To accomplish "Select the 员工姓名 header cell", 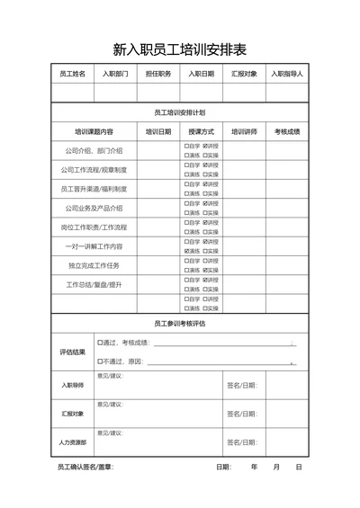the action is (72, 74).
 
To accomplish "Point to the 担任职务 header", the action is (158, 74).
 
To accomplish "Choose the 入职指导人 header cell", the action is (287, 74).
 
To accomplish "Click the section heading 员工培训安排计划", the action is (180, 113).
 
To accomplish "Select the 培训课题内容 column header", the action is (94, 131).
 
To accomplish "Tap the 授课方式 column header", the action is (202, 131).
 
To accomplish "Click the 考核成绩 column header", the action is (287, 131).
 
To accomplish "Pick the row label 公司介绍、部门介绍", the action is (94, 150).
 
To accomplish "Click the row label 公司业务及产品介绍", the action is (94, 208).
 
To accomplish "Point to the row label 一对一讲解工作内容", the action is (94, 245).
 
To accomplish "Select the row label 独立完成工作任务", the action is (94, 265).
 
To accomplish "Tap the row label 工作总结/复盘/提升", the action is (94, 284).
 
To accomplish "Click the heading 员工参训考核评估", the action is (180, 323).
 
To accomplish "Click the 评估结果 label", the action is (73, 352).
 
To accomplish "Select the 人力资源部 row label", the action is (73, 442).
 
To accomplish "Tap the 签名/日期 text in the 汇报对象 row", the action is (242, 414).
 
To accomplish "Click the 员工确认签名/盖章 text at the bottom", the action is (85, 468).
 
